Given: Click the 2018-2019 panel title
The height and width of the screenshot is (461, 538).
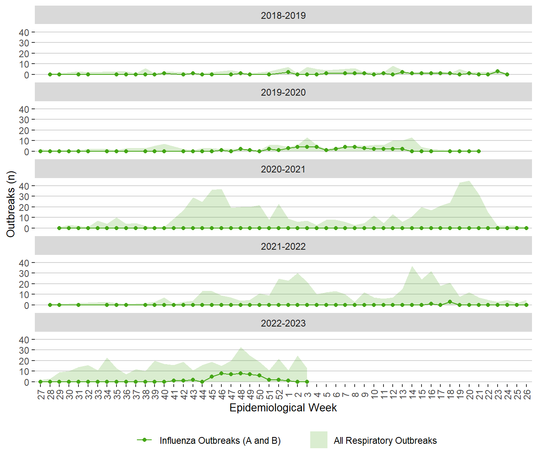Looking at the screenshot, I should [283, 16].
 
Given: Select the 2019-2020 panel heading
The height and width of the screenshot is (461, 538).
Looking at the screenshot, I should [283, 92].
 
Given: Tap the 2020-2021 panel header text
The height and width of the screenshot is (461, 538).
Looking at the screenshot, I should [283, 169].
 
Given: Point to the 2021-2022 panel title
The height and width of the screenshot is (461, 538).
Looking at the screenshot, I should [283, 247].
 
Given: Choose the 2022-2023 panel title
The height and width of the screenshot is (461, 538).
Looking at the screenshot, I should [283, 323].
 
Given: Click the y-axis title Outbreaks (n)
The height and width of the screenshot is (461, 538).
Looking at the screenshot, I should [11, 204].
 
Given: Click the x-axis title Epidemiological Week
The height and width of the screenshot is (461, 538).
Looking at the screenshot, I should [283, 408].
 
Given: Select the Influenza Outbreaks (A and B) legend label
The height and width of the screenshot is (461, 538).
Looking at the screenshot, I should [220, 441].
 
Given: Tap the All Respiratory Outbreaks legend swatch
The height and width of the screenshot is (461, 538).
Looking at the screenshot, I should [319, 440].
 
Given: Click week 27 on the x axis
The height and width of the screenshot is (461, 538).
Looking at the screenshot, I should [41, 395].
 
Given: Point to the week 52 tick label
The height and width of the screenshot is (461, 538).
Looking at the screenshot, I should [279, 395].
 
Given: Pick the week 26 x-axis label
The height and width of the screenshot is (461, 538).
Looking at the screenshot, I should [526, 395].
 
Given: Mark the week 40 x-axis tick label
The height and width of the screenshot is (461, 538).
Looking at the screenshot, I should [165, 395].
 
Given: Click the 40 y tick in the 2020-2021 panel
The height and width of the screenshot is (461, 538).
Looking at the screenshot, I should [24, 186].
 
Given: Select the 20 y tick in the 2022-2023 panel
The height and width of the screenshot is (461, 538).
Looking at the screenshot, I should [24, 361].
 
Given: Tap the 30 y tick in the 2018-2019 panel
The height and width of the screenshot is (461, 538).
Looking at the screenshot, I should [24, 43].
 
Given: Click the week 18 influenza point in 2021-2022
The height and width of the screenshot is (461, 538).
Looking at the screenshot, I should [450, 302].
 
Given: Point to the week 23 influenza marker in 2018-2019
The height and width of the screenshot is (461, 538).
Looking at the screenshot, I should [498, 71].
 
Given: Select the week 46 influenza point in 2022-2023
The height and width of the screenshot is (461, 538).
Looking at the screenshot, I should [221, 373].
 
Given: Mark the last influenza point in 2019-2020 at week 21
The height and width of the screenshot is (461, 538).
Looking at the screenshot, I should [479, 151].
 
